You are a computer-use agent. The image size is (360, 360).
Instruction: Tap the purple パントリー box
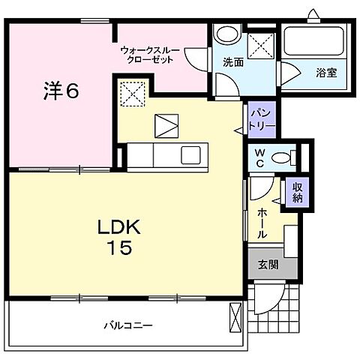coord(257,118)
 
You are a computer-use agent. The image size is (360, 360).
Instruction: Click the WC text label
coord(258,157)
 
